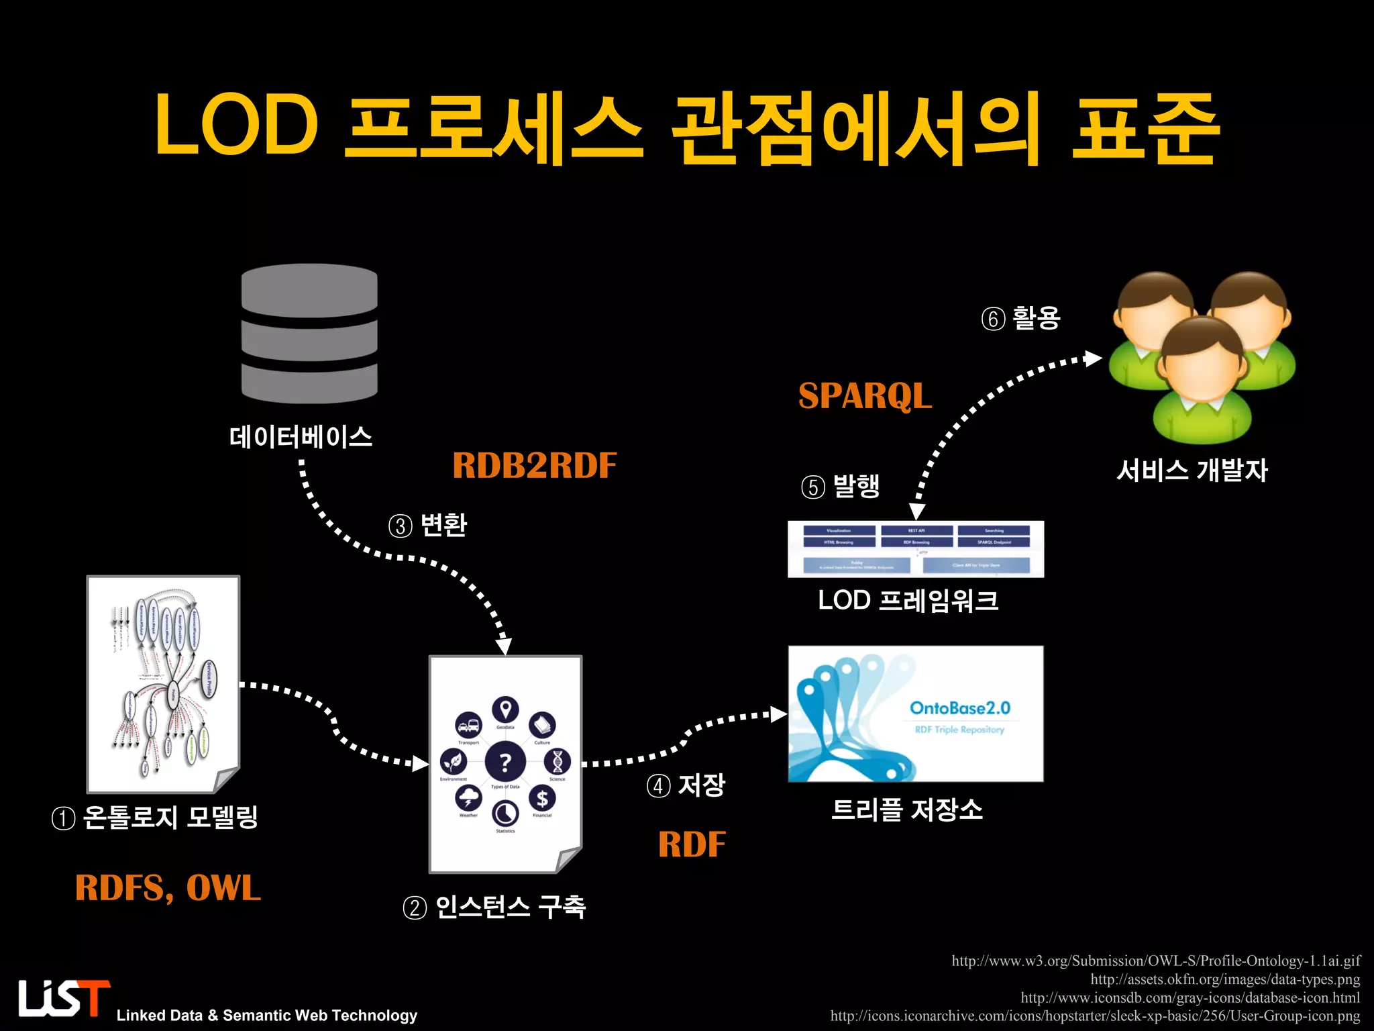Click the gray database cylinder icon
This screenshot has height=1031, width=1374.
(x=309, y=333)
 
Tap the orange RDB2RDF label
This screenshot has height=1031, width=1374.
(x=534, y=465)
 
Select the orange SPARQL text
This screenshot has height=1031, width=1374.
(x=865, y=395)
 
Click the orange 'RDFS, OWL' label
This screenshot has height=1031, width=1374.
(x=168, y=887)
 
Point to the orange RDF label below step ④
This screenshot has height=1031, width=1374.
(x=692, y=844)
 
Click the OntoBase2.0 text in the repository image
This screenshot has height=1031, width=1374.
(x=959, y=708)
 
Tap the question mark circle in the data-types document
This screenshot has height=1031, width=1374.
(x=505, y=761)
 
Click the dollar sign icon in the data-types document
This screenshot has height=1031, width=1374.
(x=542, y=798)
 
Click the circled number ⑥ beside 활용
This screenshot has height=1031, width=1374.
(x=993, y=319)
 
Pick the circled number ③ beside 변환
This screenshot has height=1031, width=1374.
(x=401, y=526)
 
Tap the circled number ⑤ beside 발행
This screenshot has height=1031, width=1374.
(x=813, y=487)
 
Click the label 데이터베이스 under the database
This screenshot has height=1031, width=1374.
(x=301, y=437)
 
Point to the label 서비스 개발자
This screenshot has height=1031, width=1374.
(x=1192, y=470)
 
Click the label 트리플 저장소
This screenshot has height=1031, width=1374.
(x=907, y=809)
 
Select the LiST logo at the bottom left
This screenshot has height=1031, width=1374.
(x=64, y=998)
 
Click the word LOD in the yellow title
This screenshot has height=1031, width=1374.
(x=236, y=125)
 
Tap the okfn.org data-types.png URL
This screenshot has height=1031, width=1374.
(x=1224, y=979)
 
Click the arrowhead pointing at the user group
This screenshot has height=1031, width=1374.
(x=1094, y=358)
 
